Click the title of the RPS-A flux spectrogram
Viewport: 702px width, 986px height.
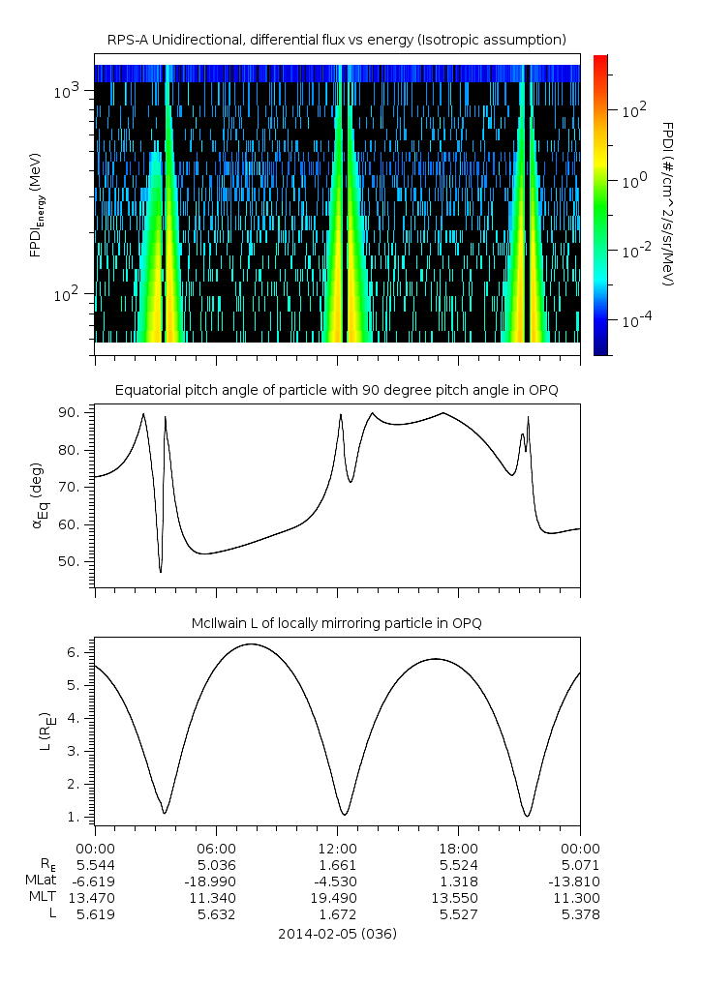click(336, 39)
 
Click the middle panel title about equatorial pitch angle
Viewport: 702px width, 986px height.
click(337, 390)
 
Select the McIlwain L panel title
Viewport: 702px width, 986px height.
click(337, 622)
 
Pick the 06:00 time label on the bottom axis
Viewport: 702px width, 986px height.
click(216, 848)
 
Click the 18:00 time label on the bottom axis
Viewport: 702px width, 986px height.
click(459, 848)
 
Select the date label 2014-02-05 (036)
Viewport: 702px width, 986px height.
click(337, 934)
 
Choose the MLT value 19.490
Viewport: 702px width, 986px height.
click(337, 898)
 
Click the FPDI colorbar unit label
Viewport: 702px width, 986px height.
click(668, 203)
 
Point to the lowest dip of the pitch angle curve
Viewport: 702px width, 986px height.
click(161, 571)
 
